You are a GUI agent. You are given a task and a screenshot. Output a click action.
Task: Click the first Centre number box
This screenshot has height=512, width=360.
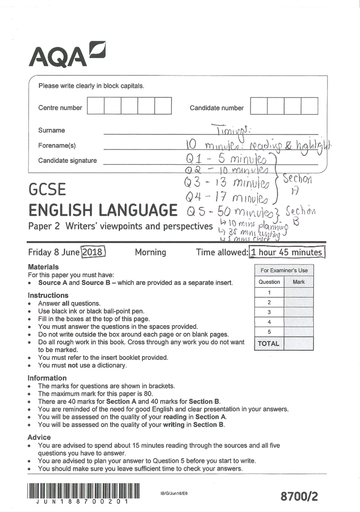pos(96,106)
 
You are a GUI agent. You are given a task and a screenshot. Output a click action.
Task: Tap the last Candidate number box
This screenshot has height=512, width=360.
pos(309,106)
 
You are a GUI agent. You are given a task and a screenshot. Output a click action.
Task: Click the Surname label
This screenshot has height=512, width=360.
pos(51,130)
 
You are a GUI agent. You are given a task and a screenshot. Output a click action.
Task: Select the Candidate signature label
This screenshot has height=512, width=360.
pos(67,160)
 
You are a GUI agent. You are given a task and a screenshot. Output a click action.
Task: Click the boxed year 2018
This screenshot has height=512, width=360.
pos(94,252)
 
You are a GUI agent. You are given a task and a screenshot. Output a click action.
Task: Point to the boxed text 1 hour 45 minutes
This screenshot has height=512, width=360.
pos(287,252)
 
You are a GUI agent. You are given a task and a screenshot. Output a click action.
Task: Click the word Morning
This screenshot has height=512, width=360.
pos(150,252)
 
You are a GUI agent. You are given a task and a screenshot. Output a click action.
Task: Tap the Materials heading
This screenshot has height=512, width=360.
pos(43,267)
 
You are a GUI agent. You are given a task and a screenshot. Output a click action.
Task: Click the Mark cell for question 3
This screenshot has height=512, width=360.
pos(299,312)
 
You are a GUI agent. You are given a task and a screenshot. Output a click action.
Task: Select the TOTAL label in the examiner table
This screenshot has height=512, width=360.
pos(269,343)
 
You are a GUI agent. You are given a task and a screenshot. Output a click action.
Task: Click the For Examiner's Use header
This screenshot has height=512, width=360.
pos(284,270)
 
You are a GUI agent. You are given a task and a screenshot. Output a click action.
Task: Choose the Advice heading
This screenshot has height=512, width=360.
pos(39,437)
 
